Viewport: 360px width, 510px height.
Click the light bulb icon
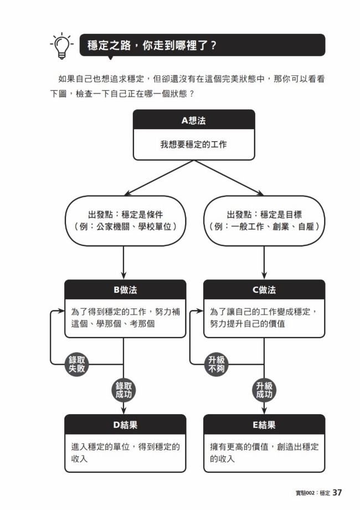coord(61,45)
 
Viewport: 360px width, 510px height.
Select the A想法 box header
coord(193,120)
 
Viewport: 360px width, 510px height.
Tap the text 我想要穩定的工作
coord(193,145)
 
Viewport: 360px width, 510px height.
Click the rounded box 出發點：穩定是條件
coord(123,221)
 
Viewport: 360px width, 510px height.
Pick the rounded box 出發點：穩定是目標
coord(264,221)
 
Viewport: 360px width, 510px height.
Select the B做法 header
coord(125,290)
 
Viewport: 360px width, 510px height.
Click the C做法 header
coord(264,290)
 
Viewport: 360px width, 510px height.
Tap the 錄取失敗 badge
coord(78,364)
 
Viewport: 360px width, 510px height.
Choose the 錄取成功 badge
coord(123,391)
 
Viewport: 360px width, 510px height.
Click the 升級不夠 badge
coord(217,364)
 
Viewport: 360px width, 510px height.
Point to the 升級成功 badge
coord(264,391)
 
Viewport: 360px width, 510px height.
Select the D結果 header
coord(125,425)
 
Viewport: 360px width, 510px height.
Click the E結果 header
coord(264,425)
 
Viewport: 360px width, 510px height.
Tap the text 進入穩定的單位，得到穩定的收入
coord(125,452)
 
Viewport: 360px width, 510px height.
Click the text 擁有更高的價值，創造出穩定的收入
coord(264,452)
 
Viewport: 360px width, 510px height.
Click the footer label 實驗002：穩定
coord(312,493)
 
